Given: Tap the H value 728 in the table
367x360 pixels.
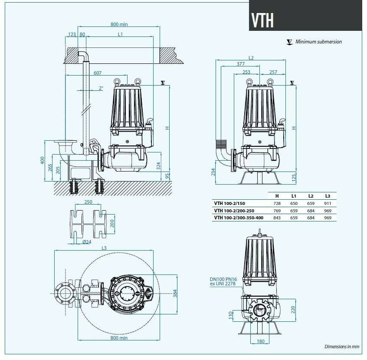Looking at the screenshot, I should click(277, 203).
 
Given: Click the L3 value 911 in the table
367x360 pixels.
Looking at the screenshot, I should click(328, 203).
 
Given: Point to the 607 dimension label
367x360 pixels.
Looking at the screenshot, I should click(98, 73).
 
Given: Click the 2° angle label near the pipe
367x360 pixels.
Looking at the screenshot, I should click(101, 88).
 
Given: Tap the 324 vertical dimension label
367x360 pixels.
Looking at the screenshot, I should click(159, 165).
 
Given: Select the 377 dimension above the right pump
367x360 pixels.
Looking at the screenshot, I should click(240, 64).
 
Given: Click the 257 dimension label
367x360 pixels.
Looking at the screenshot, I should click(273, 72).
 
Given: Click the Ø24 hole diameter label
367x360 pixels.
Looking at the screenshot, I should click(86, 241).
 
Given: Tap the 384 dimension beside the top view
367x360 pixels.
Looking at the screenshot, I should click(175, 294).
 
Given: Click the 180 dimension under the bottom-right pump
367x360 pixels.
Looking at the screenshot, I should click(260, 341).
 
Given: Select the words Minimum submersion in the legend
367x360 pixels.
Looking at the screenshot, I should click(318, 42).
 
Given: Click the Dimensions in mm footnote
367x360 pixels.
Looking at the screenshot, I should click(342, 347).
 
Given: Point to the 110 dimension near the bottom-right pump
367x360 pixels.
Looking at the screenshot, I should click(231, 314).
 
